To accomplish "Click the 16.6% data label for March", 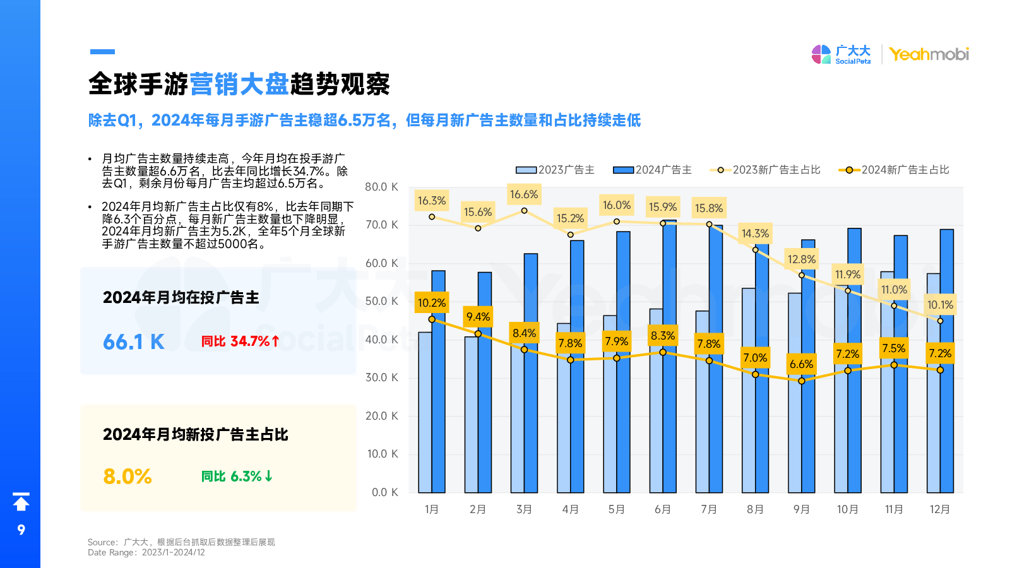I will [x=524, y=194].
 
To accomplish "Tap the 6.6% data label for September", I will [x=801, y=364].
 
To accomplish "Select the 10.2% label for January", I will [x=432, y=303].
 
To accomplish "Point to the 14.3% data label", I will [x=755, y=234].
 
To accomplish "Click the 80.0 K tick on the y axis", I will [x=381, y=187].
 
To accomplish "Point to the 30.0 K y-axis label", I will [x=381, y=377].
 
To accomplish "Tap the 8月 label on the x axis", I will [x=755, y=509].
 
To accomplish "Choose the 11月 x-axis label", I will [x=894, y=509].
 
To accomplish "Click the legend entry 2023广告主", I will [x=555, y=170].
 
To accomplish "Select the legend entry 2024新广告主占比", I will [x=894, y=170].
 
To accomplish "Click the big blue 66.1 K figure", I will [x=134, y=342].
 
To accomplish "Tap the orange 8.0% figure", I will [x=128, y=476].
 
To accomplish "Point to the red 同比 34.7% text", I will [x=240, y=341].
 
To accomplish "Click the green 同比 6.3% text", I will [x=237, y=476].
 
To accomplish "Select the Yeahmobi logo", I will [x=929, y=54].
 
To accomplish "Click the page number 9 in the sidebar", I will [x=21, y=530].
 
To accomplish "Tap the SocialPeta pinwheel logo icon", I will [x=821, y=54].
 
